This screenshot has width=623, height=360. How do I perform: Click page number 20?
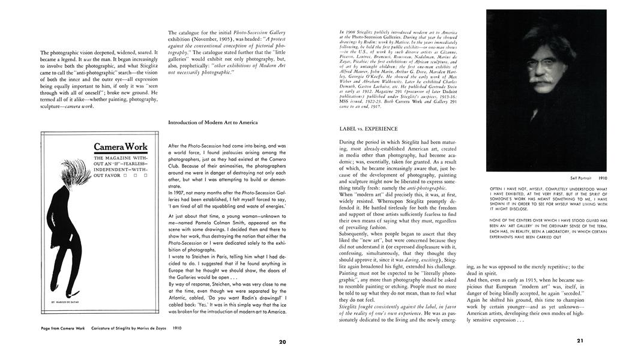point(283,342)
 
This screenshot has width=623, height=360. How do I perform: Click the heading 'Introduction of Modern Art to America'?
point(213,122)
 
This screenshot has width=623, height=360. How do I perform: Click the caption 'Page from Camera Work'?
point(63,329)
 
